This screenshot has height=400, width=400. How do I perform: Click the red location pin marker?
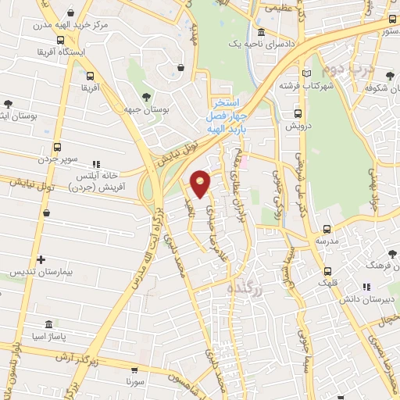click(x=201, y=183)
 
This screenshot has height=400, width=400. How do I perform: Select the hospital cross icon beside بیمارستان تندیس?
click(x=41, y=259)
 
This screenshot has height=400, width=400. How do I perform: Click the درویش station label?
click(x=298, y=125)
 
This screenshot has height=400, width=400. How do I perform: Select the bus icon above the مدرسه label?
click(x=326, y=230)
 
